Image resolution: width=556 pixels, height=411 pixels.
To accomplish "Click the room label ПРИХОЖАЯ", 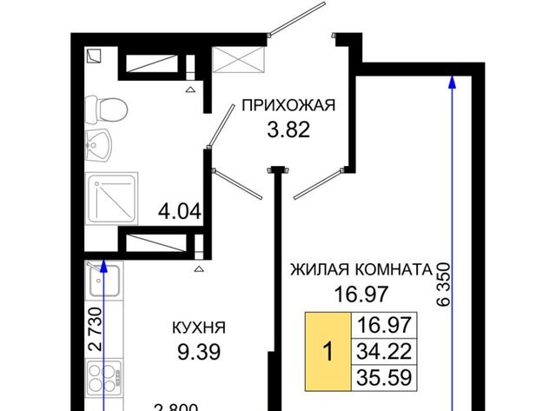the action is (x=288, y=105).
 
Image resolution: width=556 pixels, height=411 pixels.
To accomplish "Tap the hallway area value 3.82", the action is (x=288, y=129).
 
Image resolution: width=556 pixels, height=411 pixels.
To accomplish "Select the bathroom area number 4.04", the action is (x=180, y=212).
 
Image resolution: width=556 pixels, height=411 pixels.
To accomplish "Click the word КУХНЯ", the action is (x=199, y=328).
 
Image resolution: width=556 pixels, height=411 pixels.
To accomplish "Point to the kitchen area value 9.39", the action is (x=199, y=352).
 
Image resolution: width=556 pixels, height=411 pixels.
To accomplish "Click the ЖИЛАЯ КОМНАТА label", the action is (x=361, y=270).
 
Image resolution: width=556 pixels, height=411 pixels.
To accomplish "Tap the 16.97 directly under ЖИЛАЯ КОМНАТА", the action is (x=361, y=295).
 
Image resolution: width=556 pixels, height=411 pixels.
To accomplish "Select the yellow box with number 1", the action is (x=328, y=352).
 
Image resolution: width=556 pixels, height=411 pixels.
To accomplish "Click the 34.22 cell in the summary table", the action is (x=384, y=351).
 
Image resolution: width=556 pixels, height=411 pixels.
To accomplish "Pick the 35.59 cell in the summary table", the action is (x=384, y=378).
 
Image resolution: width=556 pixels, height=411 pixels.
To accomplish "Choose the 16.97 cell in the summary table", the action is (x=384, y=325).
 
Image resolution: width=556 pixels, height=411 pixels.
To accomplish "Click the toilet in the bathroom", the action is (x=106, y=109).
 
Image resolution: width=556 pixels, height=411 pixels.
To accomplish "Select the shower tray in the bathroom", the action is (x=112, y=198).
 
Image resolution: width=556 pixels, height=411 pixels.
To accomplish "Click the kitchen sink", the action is (x=104, y=281).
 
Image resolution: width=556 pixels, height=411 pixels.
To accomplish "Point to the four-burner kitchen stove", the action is (x=104, y=378).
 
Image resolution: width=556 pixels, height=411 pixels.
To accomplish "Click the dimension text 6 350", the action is (x=443, y=284).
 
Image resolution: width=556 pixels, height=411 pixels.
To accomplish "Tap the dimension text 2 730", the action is (x=96, y=329).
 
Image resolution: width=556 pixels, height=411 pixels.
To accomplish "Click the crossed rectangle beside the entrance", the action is (x=238, y=60).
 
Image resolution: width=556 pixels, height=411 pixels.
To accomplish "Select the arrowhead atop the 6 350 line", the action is (x=452, y=82).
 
